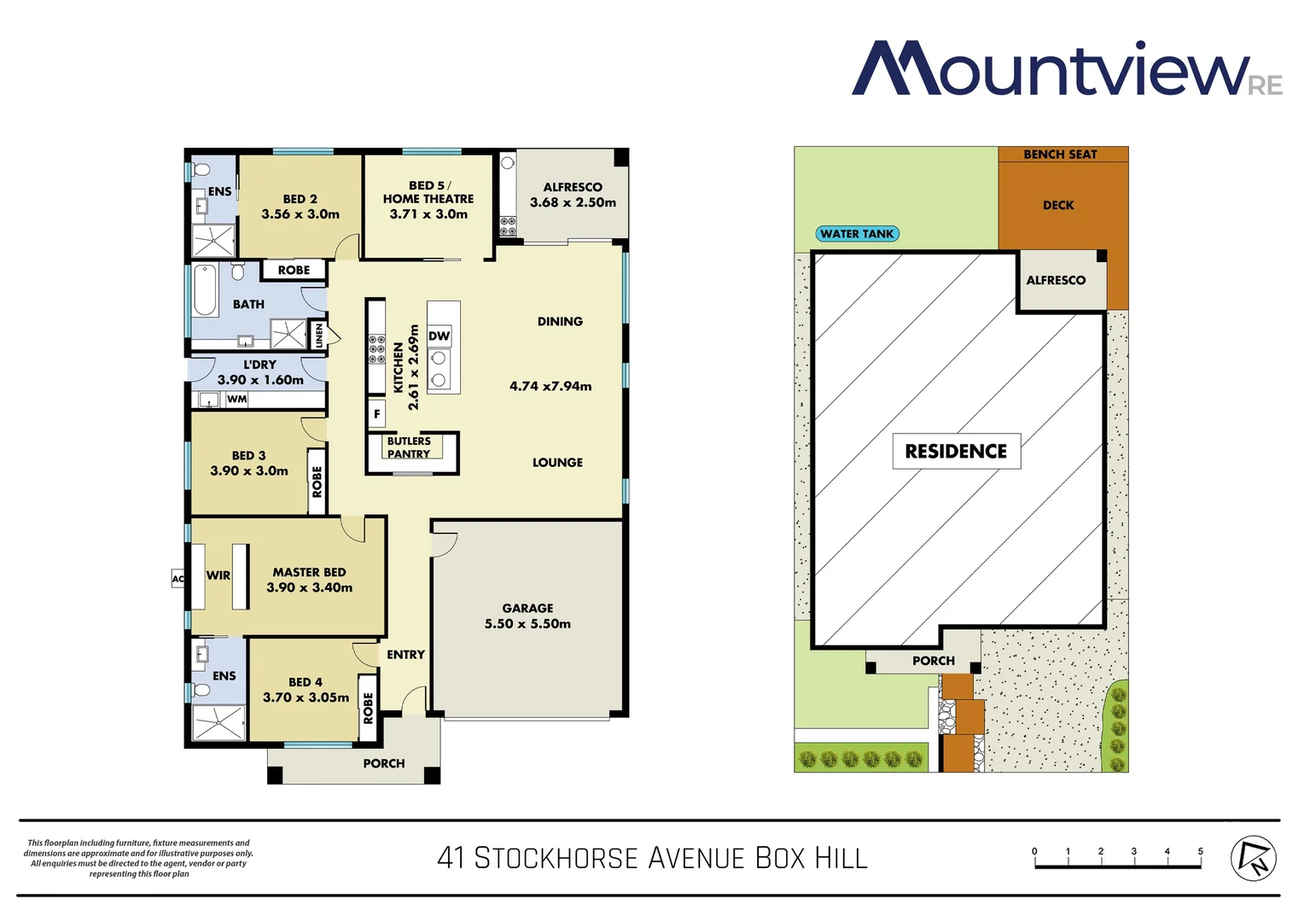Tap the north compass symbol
click(x=1253, y=857)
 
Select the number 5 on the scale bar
click(x=1200, y=851)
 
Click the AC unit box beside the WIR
click(x=178, y=579)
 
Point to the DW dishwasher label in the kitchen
click(x=439, y=336)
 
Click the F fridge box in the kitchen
click(x=376, y=414)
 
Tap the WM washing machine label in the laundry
click(x=236, y=399)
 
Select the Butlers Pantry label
click(x=409, y=447)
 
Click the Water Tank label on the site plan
click(x=857, y=234)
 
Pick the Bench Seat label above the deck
click(x=1060, y=155)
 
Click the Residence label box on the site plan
click(x=956, y=451)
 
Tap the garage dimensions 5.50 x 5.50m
click(x=527, y=624)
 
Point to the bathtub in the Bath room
click(x=205, y=290)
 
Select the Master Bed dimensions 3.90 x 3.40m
click(x=309, y=587)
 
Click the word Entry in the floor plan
click(x=405, y=655)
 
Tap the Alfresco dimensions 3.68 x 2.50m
click(x=573, y=202)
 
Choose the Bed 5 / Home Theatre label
click(x=428, y=192)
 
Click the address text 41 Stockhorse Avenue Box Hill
click(x=652, y=857)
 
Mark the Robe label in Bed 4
click(x=368, y=708)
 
